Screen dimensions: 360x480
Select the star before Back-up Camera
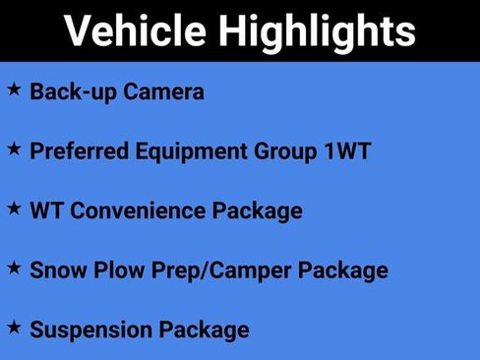pyautogui.click(x=14, y=90)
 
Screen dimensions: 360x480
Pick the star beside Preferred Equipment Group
pyautogui.click(x=14, y=149)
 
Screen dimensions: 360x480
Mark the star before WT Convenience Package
pyautogui.click(x=14, y=208)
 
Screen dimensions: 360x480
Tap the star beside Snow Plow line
pyautogui.click(x=14, y=267)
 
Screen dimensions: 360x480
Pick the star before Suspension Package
pyautogui.click(x=14, y=326)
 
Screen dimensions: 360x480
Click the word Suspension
pyautogui.click(x=89, y=330)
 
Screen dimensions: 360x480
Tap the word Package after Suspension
pyautogui.click(x=202, y=330)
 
